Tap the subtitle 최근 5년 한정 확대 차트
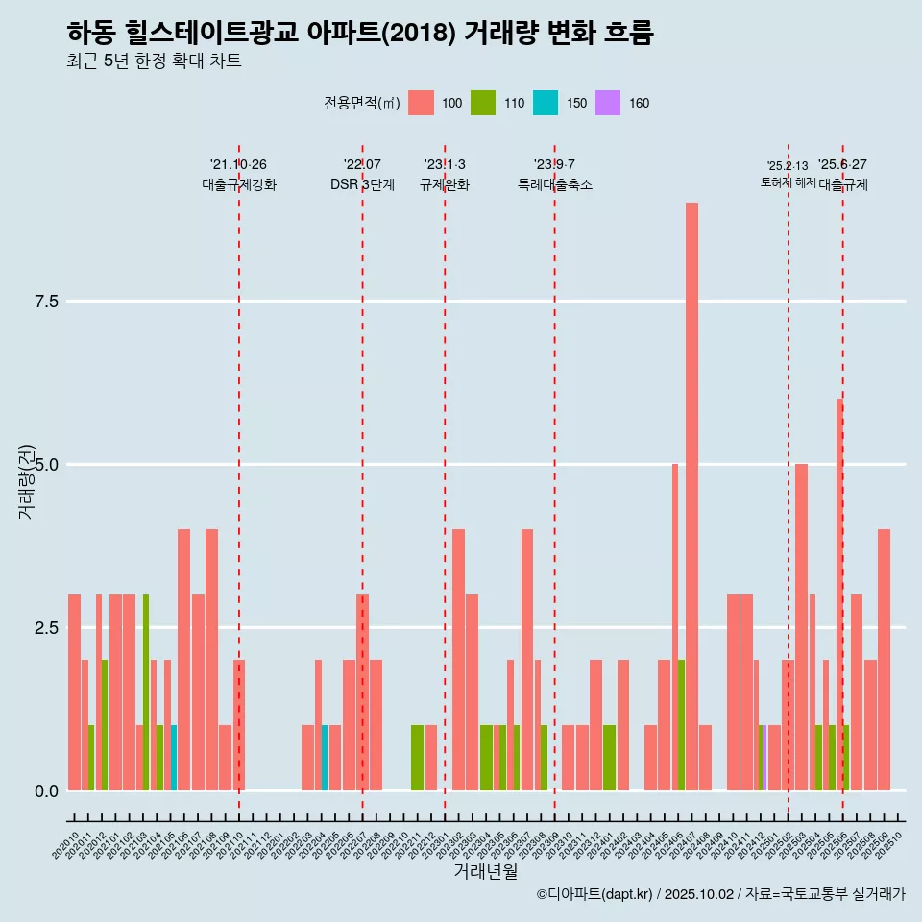tap(154, 61)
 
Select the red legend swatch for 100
tap(421, 103)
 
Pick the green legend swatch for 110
tap(483, 103)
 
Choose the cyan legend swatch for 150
tap(546, 103)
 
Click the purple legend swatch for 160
tap(608, 103)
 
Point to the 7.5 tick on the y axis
tap(47, 302)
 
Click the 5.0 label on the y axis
tap(47, 465)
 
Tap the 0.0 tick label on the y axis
tap(47, 790)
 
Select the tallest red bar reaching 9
tap(691, 480)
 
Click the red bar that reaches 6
tap(839, 576)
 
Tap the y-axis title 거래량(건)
tap(26, 482)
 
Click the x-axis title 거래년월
tap(485, 872)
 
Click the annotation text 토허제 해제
tap(788, 182)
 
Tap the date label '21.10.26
tap(238, 164)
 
